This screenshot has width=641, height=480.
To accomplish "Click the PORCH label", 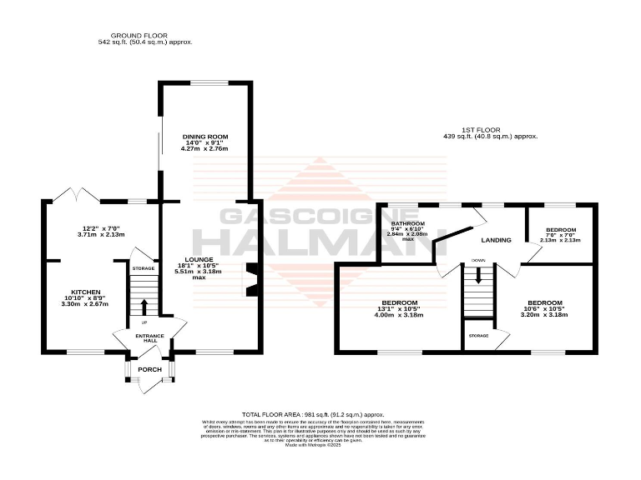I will (x=149, y=369).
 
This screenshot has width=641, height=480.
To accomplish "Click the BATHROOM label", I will (x=409, y=224).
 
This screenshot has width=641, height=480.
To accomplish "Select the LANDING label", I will (x=497, y=240).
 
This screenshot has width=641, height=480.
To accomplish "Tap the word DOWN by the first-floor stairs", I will (x=478, y=261).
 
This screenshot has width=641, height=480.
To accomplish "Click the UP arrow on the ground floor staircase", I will (x=144, y=307).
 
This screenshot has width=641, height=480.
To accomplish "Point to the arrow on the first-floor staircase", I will (x=478, y=275).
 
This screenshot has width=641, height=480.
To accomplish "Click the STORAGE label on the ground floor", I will (x=143, y=268).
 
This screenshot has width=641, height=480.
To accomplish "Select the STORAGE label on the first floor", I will (x=478, y=336).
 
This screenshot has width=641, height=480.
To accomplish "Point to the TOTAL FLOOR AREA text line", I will (x=312, y=414).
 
